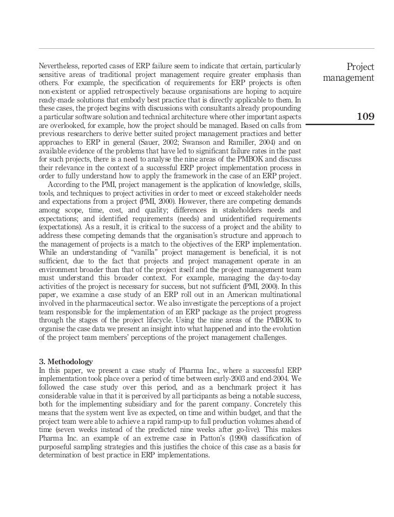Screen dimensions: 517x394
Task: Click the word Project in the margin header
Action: [360, 67]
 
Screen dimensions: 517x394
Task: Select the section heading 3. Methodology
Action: [65, 361]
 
